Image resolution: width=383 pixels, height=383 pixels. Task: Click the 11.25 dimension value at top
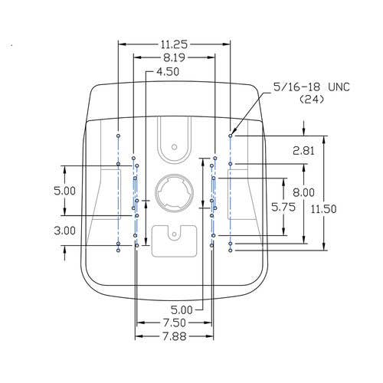[x=174, y=44]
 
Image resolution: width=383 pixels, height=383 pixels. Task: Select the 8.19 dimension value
[x=174, y=57]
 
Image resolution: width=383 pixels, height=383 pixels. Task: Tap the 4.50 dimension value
[x=168, y=72]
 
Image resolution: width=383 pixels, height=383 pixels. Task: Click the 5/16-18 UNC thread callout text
[x=311, y=87]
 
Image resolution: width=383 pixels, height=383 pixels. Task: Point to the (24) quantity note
[x=312, y=99]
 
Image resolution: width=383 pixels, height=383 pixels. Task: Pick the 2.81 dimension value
[x=303, y=151]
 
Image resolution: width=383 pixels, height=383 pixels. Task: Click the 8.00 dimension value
[x=303, y=192]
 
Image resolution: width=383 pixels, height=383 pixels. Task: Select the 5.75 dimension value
[x=283, y=207]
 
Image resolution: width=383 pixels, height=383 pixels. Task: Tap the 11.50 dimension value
[x=323, y=209]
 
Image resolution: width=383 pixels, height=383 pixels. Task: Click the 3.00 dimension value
[x=64, y=231]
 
